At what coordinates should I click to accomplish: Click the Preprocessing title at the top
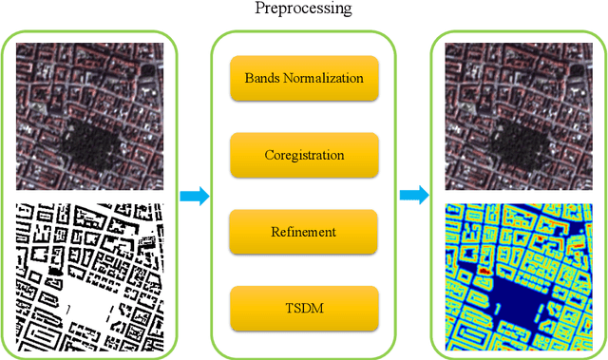pyautogui.click(x=303, y=9)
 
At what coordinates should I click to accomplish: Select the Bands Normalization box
pyautogui.click(x=303, y=78)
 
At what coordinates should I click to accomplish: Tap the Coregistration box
pyautogui.click(x=303, y=153)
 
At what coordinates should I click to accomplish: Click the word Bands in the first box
pyautogui.click(x=262, y=78)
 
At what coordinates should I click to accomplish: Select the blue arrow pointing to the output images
pyautogui.click(x=413, y=196)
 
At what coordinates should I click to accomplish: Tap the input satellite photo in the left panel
pyautogui.click(x=90, y=115)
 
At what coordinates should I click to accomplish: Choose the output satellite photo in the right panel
pyautogui.click(x=517, y=115)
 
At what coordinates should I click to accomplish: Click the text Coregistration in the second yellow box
pyautogui.click(x=303, y=153)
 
